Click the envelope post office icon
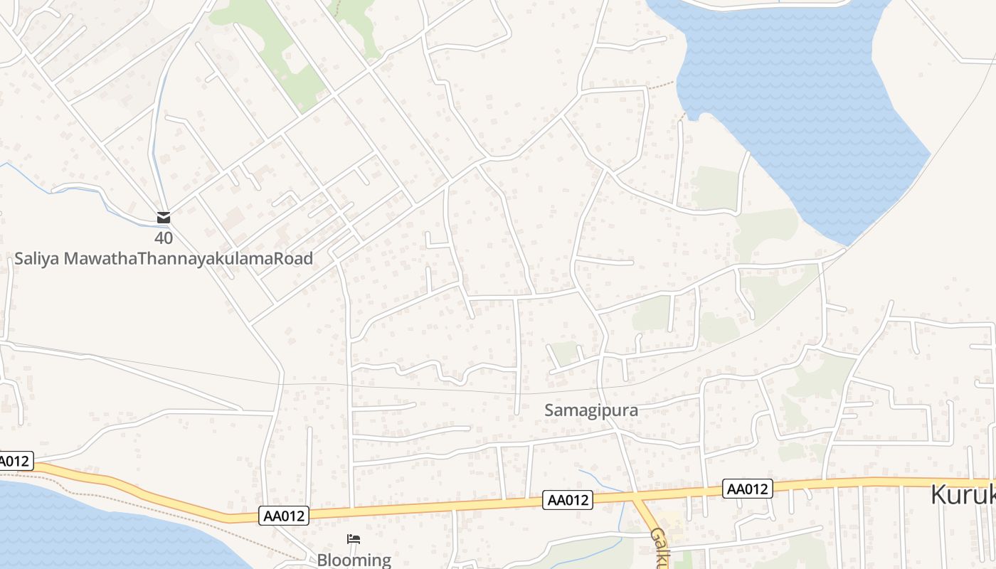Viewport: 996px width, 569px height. pos(164,218)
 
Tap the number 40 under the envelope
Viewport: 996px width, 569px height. pos(164,238)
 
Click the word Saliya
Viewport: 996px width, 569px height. pos(37,259)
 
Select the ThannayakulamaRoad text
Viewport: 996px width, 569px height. pos(225,259)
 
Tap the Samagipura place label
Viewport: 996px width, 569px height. pos(591,410)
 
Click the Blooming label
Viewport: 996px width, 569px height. pos(354,560)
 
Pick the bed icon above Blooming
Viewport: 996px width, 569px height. pos(354,539)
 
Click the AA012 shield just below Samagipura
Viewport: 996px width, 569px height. pos(568,500)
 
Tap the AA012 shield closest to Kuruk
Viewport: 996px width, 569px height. pos(748,489)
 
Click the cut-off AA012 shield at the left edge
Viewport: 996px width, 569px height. pos(14,461)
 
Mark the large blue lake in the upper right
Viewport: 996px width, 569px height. pos(797,107)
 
